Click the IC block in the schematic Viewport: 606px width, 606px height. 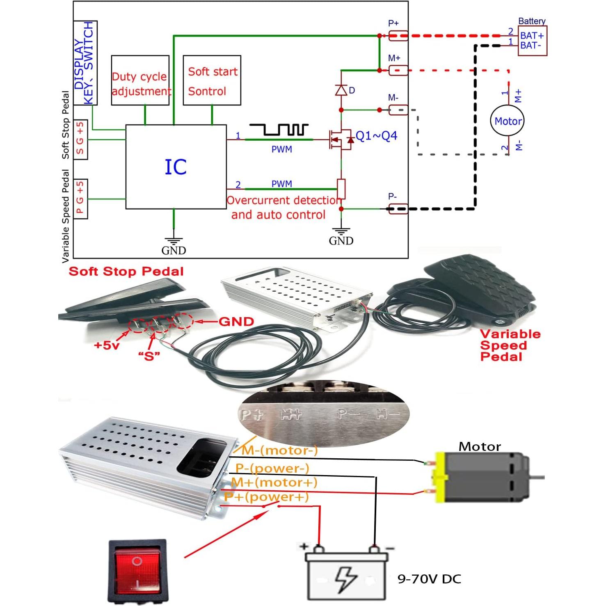[176, 167]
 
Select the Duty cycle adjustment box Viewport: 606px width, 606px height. [140, 80]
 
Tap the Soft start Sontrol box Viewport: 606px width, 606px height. [212, 80]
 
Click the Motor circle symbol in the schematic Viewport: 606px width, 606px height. [508, 121]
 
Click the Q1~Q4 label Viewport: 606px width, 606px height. [376, 136]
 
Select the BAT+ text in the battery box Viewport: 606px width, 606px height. [532, 36]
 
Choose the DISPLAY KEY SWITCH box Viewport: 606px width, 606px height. [85, 63]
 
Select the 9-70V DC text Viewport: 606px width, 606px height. [429, 579]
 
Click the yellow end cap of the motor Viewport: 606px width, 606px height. [440, 478]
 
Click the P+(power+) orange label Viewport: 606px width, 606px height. [266, 497]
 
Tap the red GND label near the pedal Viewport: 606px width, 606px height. [236, 321]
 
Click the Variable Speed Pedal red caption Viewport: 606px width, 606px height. [510, 345]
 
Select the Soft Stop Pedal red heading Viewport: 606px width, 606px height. [126, 271]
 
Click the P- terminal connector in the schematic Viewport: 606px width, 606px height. [398, 208]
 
